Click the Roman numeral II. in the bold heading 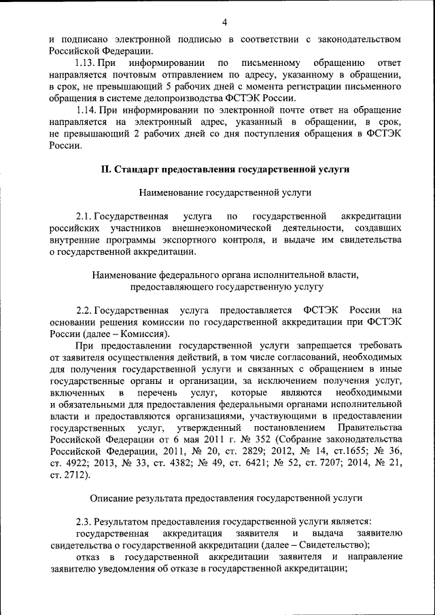click(x=105, y=169)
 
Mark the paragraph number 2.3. click(x=84, y=522)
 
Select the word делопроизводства click(x=173, y=98)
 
